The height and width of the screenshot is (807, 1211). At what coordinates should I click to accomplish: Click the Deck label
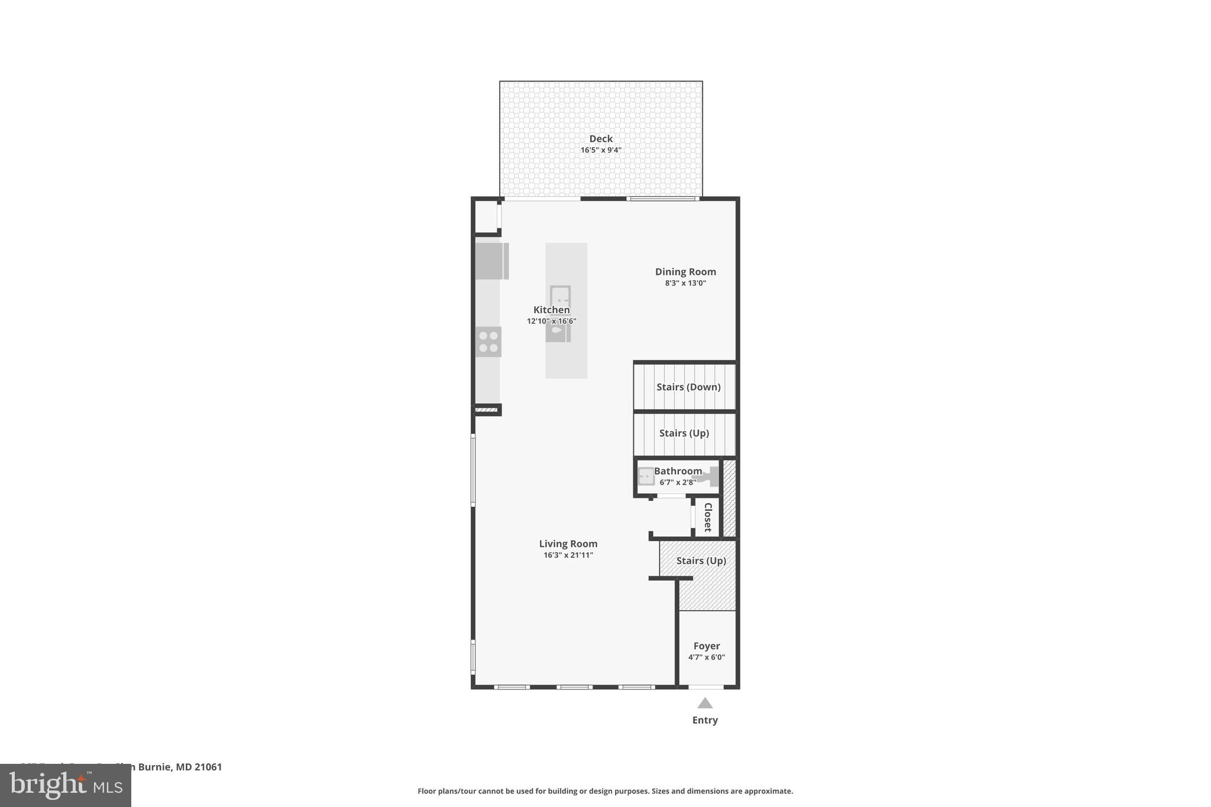[x=600, y=139]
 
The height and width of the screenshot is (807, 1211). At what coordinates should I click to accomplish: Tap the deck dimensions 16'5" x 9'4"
[x=600, y=150]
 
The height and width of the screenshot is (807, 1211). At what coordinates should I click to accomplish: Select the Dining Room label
[x=685, y=272]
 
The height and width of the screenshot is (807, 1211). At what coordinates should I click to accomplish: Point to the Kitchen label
[x=551, y=310]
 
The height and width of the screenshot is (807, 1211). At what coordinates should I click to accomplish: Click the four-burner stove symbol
[x=488, y=342]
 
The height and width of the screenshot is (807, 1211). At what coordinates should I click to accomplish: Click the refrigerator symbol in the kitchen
[x=491, y=261]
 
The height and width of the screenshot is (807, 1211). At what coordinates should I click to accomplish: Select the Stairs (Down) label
[x=688, y=387]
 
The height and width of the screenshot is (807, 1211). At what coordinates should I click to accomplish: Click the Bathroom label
[x=678, y=471]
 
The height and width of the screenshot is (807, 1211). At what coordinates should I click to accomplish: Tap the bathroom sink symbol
[x=646, y=477]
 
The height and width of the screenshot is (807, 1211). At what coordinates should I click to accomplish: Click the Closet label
[x=707, y=517]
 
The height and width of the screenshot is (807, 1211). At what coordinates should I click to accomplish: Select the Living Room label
[x=568, y=544]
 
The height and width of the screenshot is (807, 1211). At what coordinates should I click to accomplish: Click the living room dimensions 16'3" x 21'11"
[x=568, y=555]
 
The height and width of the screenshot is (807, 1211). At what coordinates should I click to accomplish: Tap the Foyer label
[x=706, y=646]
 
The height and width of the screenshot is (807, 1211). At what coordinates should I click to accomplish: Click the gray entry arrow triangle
[x=704, y=704]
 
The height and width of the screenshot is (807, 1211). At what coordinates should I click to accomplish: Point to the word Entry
[x=704, y=720]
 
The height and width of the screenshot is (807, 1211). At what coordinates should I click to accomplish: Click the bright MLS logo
[x=65, y=785]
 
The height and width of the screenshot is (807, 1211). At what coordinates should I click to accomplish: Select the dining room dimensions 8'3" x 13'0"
[x=685, y=283]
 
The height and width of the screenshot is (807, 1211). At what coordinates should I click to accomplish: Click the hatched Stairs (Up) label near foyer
[x=701, y=560]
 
